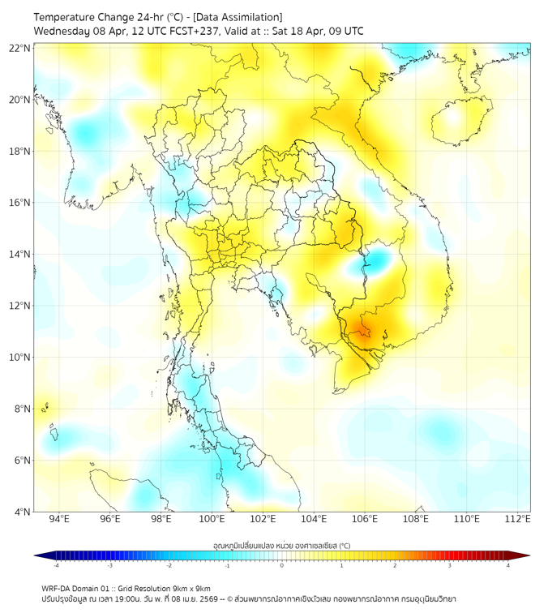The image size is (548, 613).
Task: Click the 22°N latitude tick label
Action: tap(20, 48)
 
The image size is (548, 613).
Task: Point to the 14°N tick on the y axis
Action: tap(20, 255)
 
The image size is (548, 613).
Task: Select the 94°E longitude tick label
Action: tap(59, 520)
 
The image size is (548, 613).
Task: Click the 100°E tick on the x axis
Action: tap(212, 520)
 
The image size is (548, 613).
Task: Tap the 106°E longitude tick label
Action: tap(365, 520)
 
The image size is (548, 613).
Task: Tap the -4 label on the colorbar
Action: tap(56, 565)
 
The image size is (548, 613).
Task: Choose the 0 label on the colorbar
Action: tap(282, 565)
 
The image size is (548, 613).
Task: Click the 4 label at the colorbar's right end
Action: tap(508, 565)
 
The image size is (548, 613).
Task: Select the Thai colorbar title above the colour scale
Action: tap(281, 545)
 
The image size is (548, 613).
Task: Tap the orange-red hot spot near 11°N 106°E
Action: tap(360, 329)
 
